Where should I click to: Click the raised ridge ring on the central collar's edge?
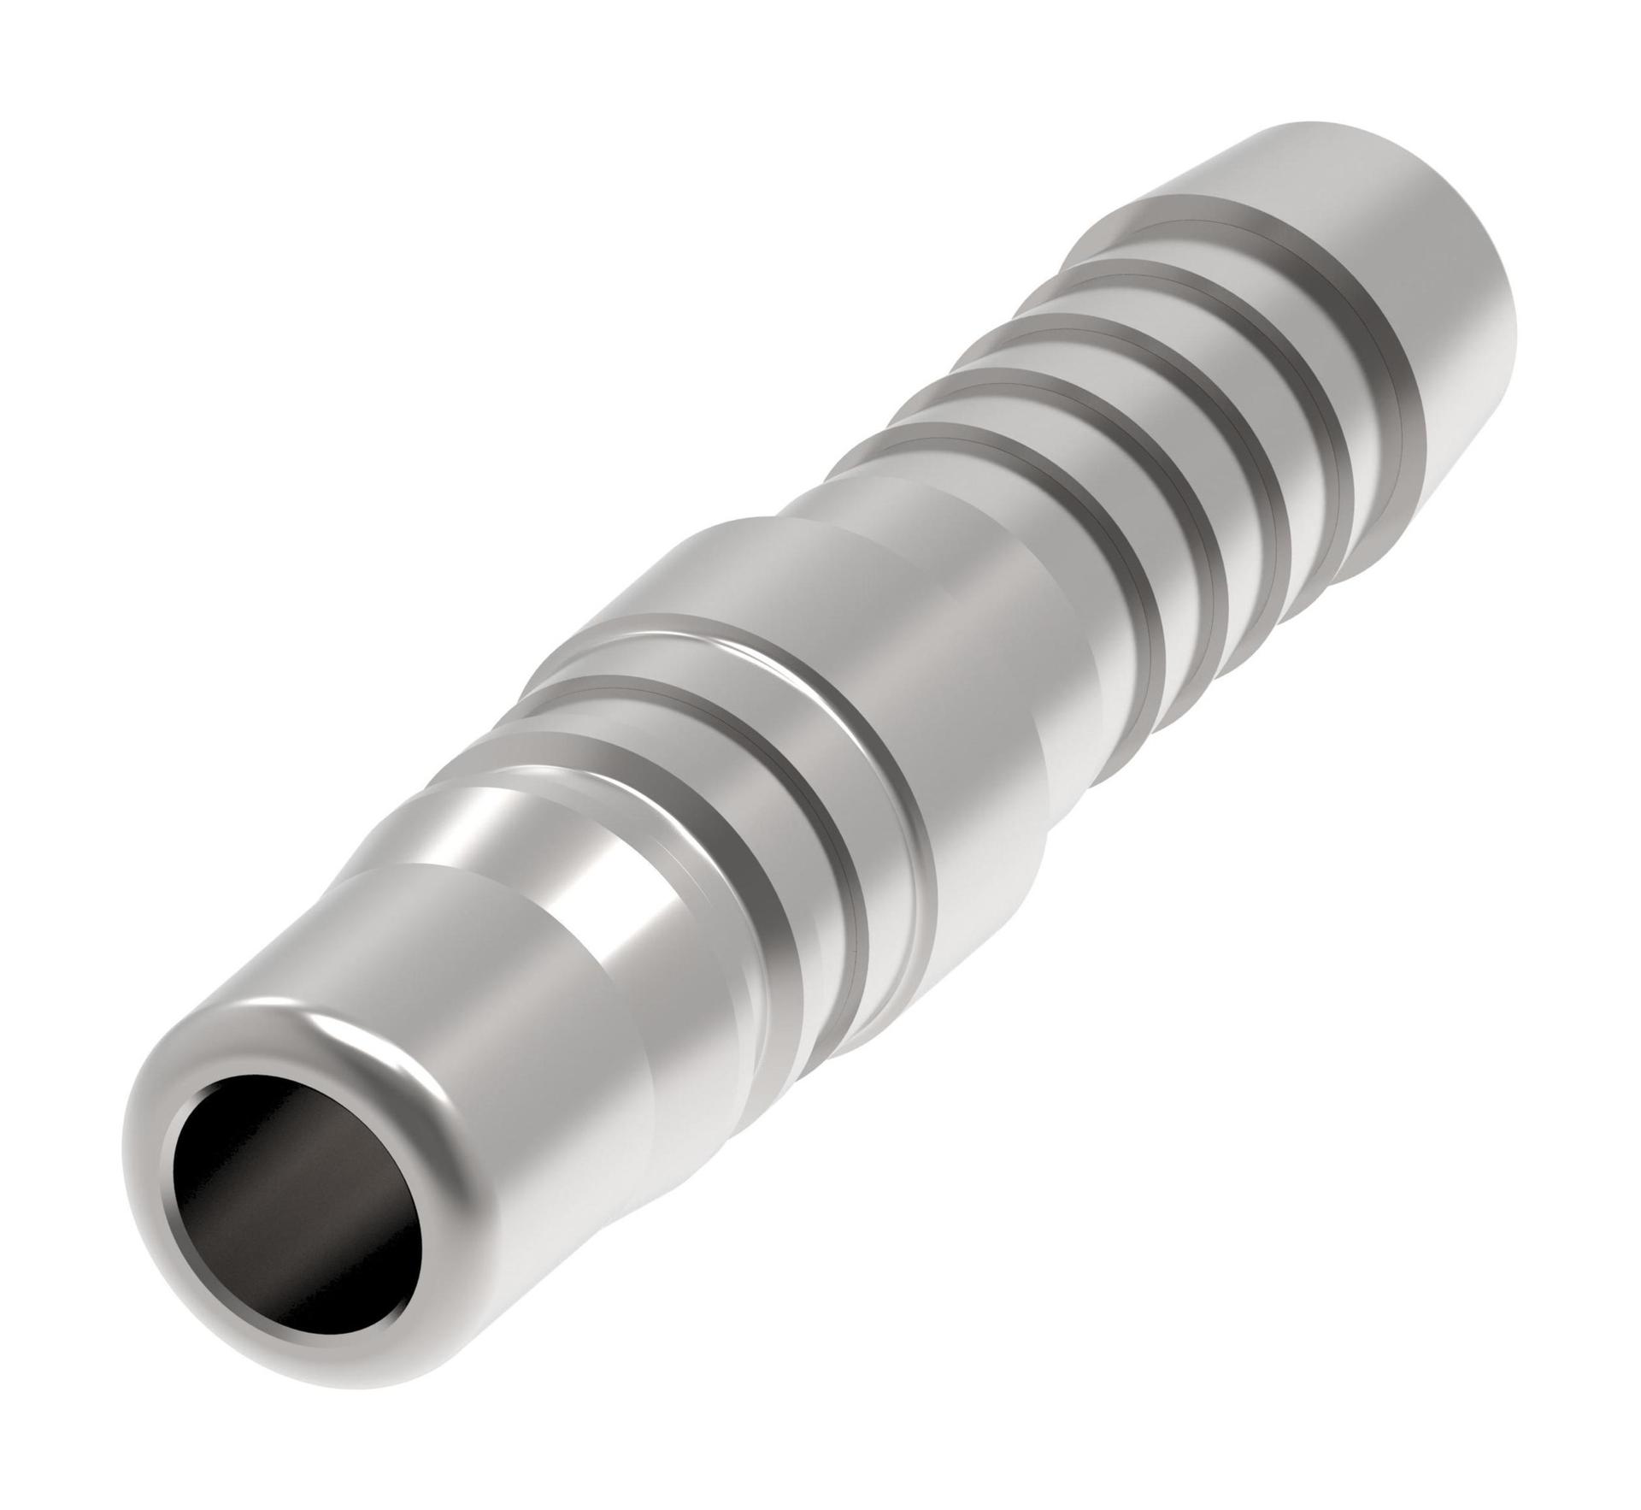click(x=889, y=744)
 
